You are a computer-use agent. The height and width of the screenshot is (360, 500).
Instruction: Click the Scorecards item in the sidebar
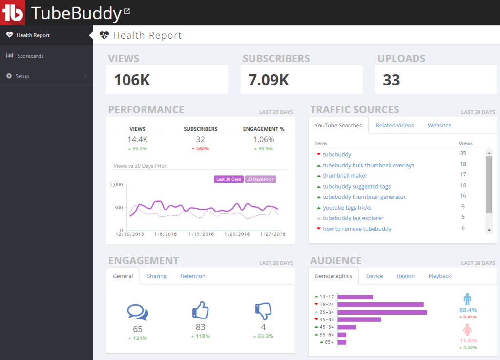(30, 56)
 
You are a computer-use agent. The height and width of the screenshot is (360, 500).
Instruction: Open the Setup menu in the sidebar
(22, 76)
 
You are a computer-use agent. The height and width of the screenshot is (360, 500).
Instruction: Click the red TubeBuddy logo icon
(13, 13)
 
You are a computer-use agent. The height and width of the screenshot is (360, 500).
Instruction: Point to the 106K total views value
(132, 80)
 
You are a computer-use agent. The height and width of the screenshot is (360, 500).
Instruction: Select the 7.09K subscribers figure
(269, 80)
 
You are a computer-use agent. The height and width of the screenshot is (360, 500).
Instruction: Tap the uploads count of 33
(391, 80)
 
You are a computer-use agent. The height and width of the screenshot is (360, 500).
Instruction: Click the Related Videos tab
(395, 126)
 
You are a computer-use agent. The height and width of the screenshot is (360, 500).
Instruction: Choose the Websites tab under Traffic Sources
(439, 126)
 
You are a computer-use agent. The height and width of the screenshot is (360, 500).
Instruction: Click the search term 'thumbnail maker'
(345, 176)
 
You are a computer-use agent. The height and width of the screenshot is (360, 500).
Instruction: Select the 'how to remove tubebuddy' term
(357, 229)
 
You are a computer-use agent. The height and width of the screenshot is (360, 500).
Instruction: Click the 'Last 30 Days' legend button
(229, 179)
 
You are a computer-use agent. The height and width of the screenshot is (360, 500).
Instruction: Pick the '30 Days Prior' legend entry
(260, 179)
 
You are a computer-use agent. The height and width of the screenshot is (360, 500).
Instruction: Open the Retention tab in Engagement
(193, 276)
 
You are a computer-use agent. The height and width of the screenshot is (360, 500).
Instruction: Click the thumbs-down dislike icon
(263, 311)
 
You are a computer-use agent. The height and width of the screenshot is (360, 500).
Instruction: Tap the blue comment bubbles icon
(137, 312)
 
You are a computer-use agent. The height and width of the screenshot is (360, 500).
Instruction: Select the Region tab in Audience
(405, 276)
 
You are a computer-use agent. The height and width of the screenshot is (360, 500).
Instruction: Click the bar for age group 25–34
(382, 312)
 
